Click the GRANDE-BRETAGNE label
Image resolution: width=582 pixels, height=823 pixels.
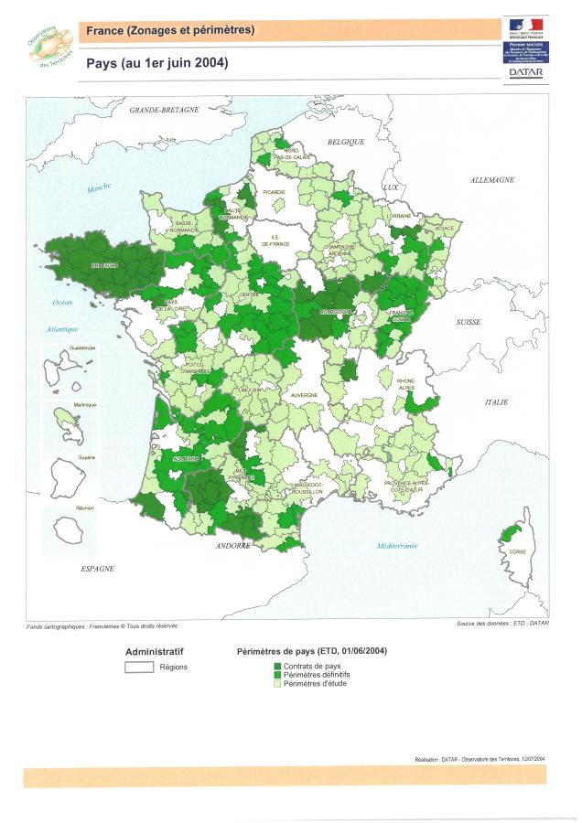pyautogui.click(x=164, y=110)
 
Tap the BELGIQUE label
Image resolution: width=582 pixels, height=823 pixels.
pyautogui.click(x=346, y=142)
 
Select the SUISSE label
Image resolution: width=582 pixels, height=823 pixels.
pyautogui.click(x=469, y=323)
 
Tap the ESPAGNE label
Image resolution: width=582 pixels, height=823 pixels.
pyautogui.click(x=97, y=568)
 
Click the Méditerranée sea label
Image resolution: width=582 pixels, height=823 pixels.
pyautogui.click(x=396, y=545)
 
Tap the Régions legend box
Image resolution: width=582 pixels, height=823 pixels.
pyautogui.click(x=138, y=667)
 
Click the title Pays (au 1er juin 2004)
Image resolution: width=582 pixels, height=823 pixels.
pyautogui.click(x=156, y=63)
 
